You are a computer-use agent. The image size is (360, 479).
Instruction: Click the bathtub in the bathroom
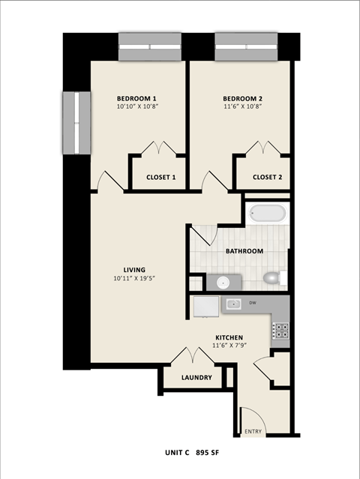click(x=268, y=213)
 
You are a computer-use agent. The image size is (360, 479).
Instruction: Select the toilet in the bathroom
click(x=273, y=278)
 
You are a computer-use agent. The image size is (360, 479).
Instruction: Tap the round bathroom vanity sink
click(x=223, y=282)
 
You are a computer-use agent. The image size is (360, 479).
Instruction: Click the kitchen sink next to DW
click(x=234, y=304)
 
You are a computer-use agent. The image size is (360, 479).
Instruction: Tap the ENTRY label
click(x=253, y=430)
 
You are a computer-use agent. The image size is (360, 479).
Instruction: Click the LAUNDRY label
click(x=196, y=378)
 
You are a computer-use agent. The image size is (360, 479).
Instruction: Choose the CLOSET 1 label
click(x=160, y=178)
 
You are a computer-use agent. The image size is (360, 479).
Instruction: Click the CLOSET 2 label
click(x=267, y=178)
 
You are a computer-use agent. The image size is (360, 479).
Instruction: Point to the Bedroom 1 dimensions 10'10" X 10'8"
click(x=136, y=107)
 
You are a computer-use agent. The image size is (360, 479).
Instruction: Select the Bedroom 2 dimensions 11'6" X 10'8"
click(x=243, y=107)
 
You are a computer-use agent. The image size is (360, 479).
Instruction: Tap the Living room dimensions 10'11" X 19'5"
click(x=134, y=279)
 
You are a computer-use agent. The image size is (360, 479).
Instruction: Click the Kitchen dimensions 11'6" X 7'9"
click(x=228, y=346)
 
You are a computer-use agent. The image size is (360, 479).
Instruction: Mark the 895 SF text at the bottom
click(x=211, y=453)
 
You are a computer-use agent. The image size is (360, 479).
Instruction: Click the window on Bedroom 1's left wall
click(x=76, y=123)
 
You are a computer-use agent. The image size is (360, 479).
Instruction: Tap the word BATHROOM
click(x=244, y=251)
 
